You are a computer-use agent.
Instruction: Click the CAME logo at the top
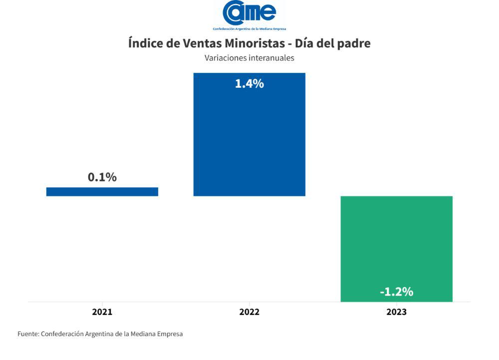[249, 12]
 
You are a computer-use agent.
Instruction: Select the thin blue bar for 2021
[102, 191]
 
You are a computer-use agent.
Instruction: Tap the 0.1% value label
[102, 177]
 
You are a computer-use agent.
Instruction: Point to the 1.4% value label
[249, 84]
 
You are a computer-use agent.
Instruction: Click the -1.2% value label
[396, 292]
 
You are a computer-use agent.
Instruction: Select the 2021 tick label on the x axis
[102, 312]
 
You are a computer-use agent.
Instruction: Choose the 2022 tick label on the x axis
[249, 312]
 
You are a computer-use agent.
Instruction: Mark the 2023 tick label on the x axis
[396, 312]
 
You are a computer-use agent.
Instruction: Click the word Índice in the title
[145, 43]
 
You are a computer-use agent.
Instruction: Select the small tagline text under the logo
[249, 29]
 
